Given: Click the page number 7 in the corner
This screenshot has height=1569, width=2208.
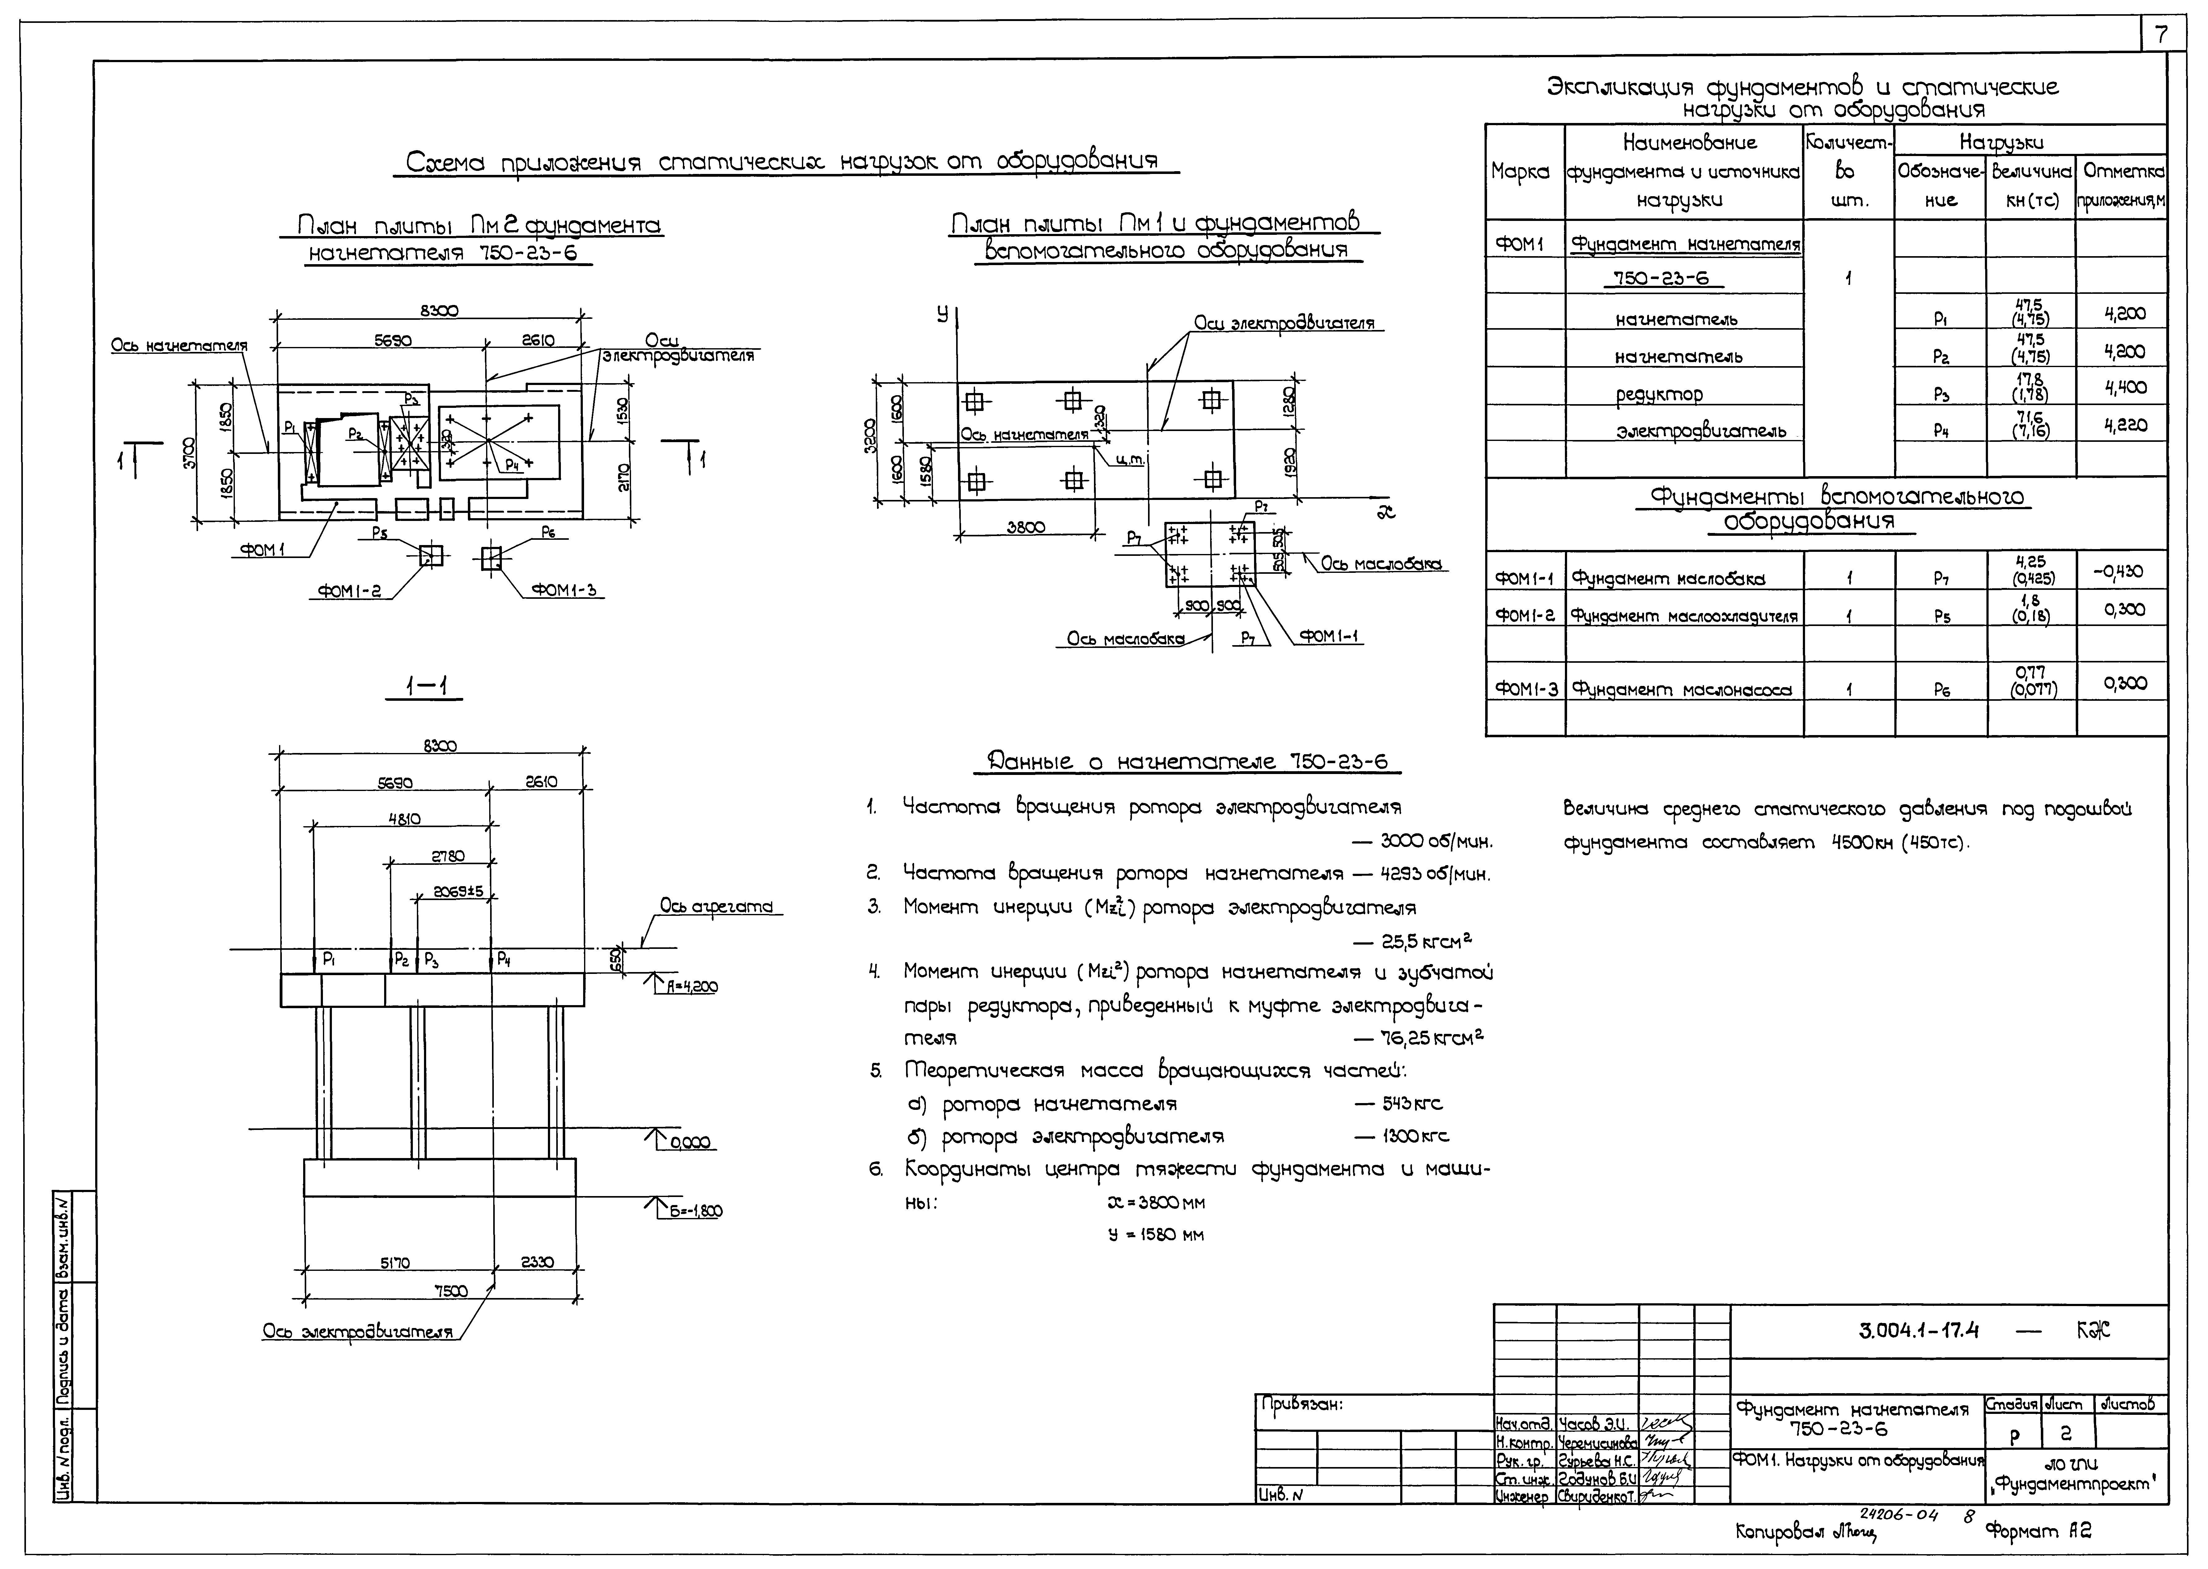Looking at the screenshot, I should (x=2162, y=36).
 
